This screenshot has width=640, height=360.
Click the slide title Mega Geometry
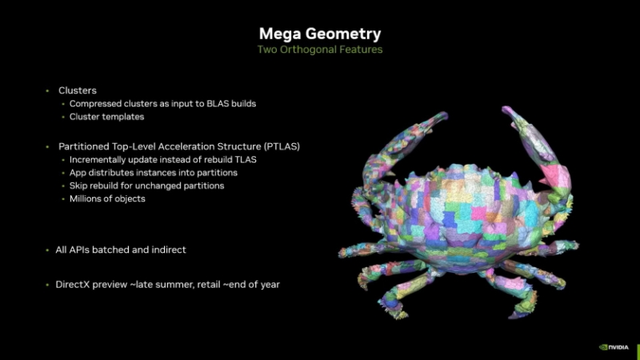pos(319,34)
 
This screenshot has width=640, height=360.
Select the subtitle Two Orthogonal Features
pos(319,50)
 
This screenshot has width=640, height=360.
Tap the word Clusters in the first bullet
pos(78,90)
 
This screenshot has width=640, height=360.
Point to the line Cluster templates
pos(106,117)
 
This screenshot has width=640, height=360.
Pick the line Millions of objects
pos(107,198)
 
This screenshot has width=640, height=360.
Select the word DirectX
pos(75,284)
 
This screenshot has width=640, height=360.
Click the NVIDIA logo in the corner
pos(614,347)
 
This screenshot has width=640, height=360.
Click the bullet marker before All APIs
pos(47,250)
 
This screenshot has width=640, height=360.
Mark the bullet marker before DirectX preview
pos(47,284)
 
